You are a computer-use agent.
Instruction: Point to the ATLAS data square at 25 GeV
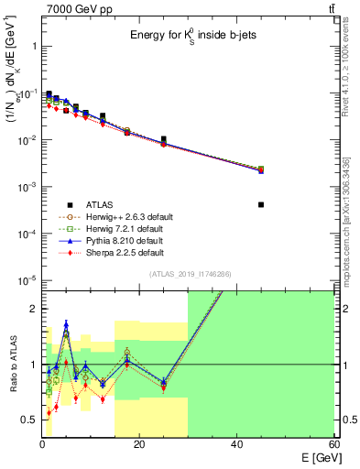164,139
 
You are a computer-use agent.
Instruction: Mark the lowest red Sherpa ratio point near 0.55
49,413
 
